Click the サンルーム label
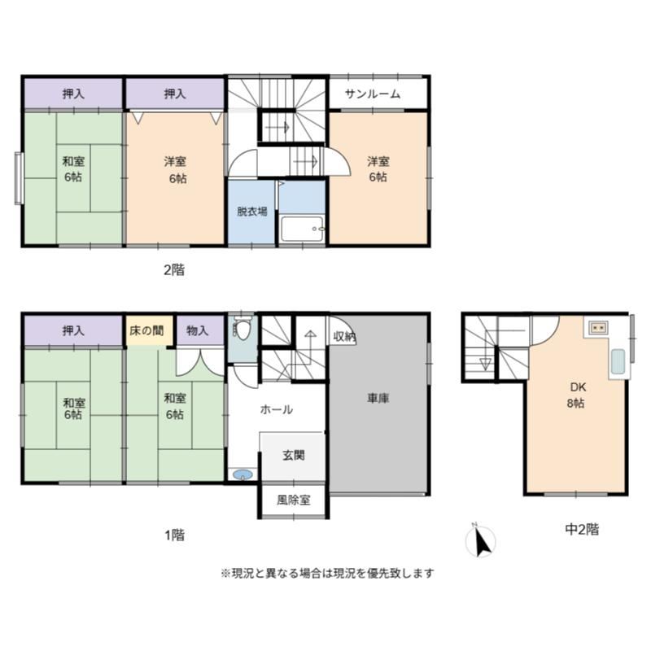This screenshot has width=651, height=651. [x=373, y=94]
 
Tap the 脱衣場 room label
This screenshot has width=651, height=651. [x=252, y=212]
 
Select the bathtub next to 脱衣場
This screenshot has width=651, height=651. [x=302, y=229]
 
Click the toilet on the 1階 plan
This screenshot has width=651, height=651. [x=242, y=328]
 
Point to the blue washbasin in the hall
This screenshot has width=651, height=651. [x=242, y=474]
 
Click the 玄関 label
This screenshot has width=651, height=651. [x=294, y=456]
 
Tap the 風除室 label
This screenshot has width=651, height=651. [x=294, y=500]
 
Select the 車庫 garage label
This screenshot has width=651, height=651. [x=378, y=399]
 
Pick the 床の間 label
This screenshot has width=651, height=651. [x=146, y=331]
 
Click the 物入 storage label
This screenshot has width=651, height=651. [x=197, y=331]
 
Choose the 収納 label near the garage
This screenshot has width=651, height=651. [x=344, y=336]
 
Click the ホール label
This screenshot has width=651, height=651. [x=276, y=410]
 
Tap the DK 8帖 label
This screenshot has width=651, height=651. [x=577, y=395]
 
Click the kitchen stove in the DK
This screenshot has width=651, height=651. [x=598, y=328]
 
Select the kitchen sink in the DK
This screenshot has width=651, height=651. [x=618, y=361]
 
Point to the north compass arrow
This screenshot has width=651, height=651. [x=482, y=542]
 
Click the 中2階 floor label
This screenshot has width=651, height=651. [x=582, y=530]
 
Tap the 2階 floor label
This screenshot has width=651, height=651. [x=174, y=270]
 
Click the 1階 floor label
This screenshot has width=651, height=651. [x=174, y=535]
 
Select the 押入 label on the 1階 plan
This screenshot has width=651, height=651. [x=73, y=331]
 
